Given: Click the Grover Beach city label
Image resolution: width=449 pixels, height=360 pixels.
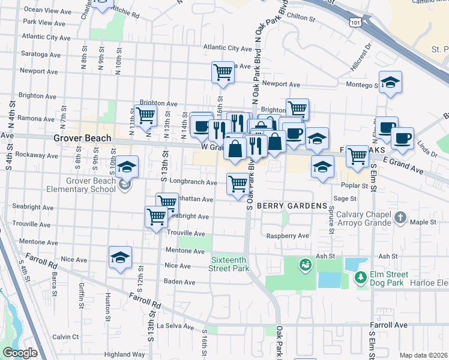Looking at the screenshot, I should coord(82,139).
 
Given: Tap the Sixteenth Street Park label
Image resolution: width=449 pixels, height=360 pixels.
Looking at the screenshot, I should coord(229,264).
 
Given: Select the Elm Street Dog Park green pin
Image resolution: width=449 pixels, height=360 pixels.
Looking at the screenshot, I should coord(360,277).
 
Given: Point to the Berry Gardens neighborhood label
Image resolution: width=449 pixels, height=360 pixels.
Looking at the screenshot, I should coord(292,206).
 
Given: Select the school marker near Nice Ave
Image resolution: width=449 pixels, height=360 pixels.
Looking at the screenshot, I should coord(120,257).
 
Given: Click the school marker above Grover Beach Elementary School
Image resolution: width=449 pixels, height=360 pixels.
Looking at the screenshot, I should coord(127,167).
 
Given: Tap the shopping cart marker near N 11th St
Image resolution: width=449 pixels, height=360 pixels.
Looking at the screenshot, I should coord(145,115).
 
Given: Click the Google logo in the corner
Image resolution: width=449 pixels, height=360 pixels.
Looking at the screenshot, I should coord(20,353).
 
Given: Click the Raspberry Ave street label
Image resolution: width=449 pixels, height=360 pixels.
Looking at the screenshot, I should coord(288,236).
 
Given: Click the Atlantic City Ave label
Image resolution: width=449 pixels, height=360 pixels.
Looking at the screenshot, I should coord(228,48).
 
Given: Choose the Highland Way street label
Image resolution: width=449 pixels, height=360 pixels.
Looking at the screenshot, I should coord(124,355).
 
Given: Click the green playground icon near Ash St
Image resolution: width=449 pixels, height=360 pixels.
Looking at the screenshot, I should coord(305,264).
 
